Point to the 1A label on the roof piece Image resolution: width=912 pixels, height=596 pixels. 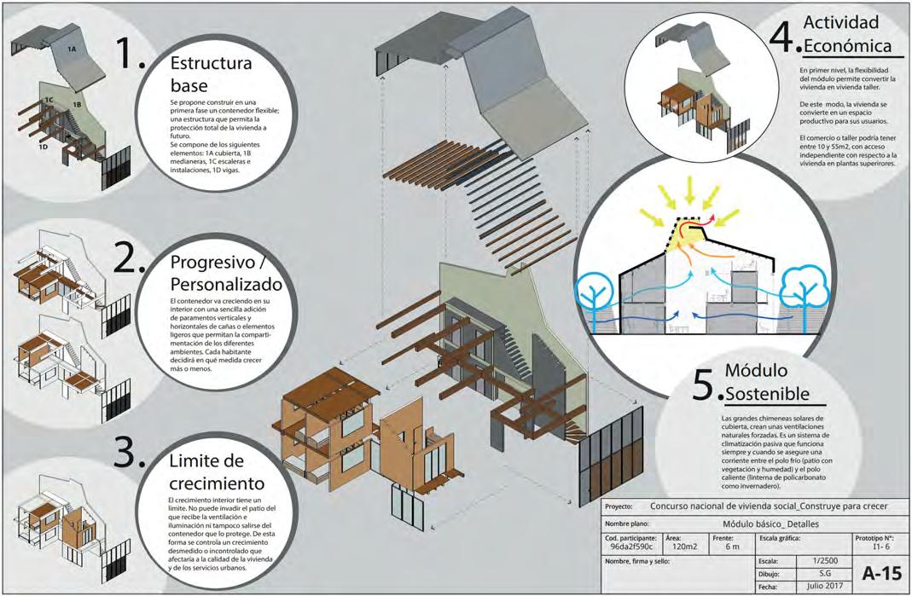pyautogui.click(x=73, y=50)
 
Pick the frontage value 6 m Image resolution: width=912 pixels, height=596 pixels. pyautogui.click(x=732, y=547)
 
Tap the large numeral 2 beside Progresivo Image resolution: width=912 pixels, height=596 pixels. pyautogui.click(x=130, y=257)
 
